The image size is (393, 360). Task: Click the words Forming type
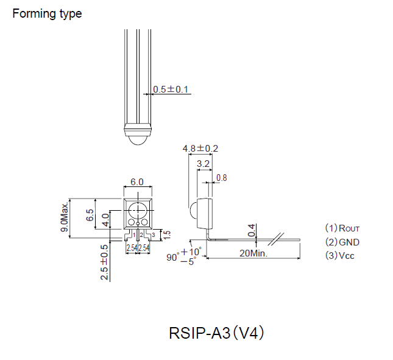click(x=47, y=13)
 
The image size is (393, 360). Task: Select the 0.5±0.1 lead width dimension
click(x=171, y=90)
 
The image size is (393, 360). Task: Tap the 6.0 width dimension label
click(x=137, y=182)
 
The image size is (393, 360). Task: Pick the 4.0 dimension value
click(x=105, y=220)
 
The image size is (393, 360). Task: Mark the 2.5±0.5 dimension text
click(x=104, y=263)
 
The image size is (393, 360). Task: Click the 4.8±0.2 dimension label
click(x=200, y=148)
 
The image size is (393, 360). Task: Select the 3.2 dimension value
click(x=204, y=163)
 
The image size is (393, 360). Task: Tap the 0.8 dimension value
click(x=221, y=178)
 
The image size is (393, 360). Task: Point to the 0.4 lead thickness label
click(x=252, y=230)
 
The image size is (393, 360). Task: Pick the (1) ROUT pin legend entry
click(x=342, y=228)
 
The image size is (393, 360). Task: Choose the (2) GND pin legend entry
click(x=342, y=242)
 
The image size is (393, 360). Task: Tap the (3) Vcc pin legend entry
click(x=340, y=255)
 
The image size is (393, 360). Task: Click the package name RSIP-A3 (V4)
click(x=216, y=334)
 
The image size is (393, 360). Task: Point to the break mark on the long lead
click(x=281, y=236)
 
